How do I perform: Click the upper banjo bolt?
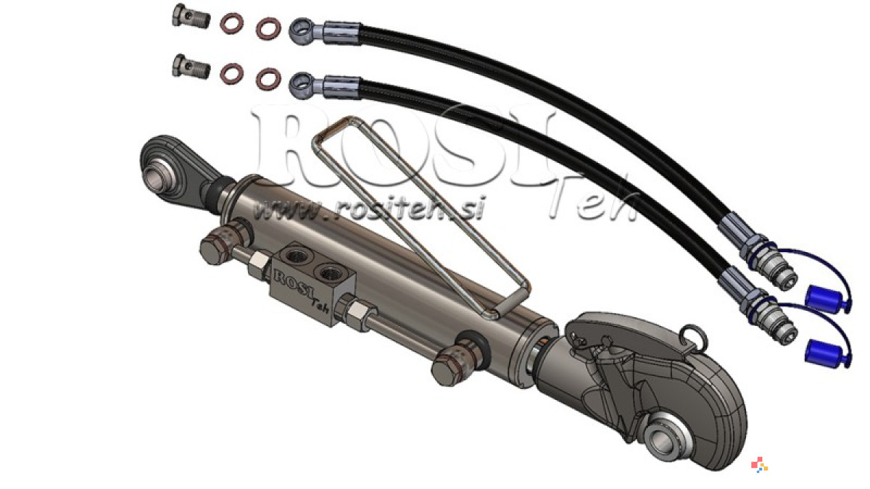pos(191,16)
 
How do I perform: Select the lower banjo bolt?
pos(191,67)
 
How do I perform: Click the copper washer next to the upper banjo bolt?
pos(231,23)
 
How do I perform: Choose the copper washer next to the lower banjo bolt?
pos(231,73)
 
